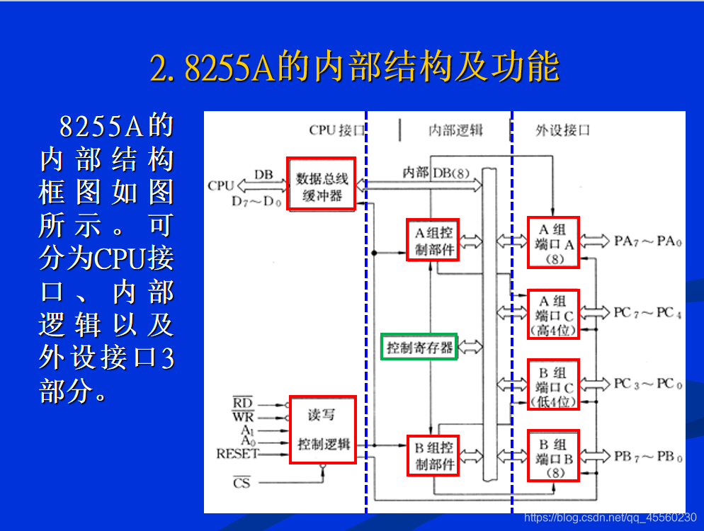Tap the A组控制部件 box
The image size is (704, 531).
[x=433, y=240]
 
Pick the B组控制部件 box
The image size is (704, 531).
[x=433, y=455]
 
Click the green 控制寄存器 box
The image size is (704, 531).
[x=419, y=347]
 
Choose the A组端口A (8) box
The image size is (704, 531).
[x=553, y=242]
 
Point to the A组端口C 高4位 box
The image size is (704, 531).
[x=553, y=314]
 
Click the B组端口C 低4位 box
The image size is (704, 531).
[x=553, y=384]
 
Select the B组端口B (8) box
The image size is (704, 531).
[x=553, y=455]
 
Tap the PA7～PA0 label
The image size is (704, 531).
[x=647, y=241]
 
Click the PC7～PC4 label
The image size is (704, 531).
[x=647, y=312]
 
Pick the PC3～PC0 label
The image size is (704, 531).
[x=647, y=384]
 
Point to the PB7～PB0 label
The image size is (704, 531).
[x=647, y=457]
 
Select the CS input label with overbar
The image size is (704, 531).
[x=242, y=484]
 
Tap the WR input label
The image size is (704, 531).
[x=242, y=416]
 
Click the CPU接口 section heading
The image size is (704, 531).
[x=337, y=130]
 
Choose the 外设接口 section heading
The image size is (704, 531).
[x=562, y=130]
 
